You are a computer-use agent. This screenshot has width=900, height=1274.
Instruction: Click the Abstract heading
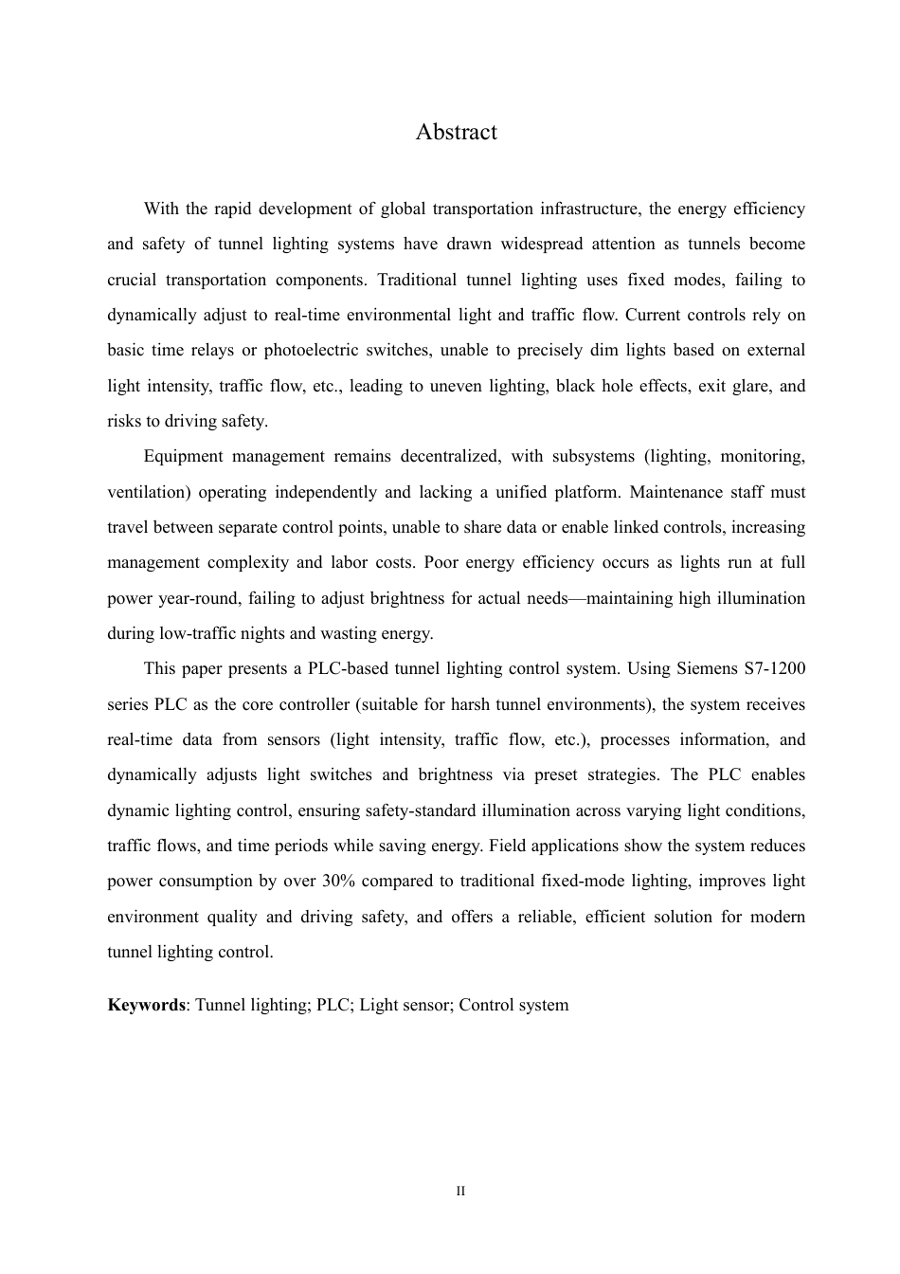(x=456, y=132)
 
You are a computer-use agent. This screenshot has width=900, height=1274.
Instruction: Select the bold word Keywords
(x=146, y=1005)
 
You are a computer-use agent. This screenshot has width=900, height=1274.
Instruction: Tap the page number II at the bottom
(x=460, y=1191)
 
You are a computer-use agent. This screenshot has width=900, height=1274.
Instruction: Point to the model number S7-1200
(x=775, y=669)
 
